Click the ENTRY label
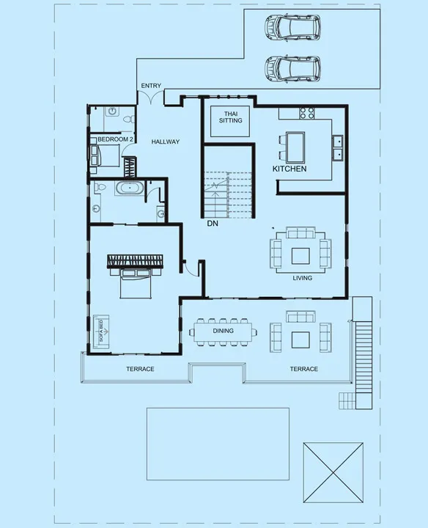coord(151,87)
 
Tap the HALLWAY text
coord(166,142)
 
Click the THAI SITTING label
coord(230,117)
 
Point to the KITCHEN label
coord(289,169)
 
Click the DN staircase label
coord(213,222)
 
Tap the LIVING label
coord(302,278)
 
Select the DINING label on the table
coord(224,331)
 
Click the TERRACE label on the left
coord(140,369)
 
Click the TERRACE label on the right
coord(303,369)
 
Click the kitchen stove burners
coord(306,114)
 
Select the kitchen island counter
coord(296,147)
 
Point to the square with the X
coord(333,472)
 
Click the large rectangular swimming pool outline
coord(218,444)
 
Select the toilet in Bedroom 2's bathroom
coord(128,117)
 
